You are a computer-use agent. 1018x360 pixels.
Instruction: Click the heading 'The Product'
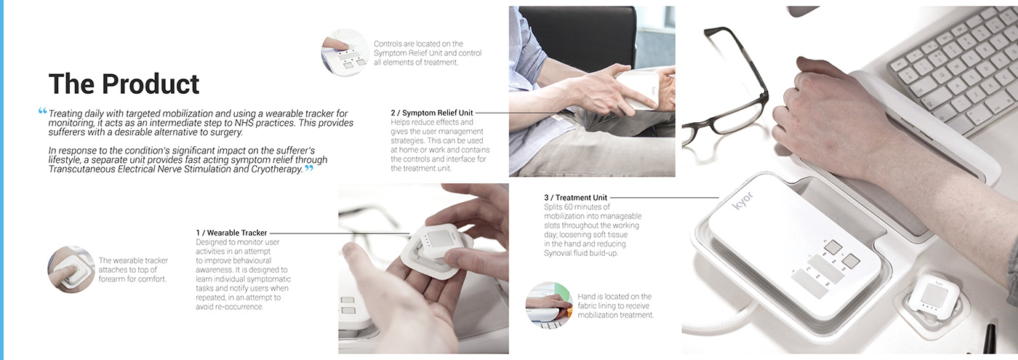tap(124, 84)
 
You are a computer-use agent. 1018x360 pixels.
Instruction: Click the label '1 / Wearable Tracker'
tap(231, 233)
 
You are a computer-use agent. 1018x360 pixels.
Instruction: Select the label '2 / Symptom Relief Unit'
tap(432, 113)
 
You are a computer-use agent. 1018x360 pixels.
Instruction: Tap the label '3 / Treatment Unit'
tap(575, 197)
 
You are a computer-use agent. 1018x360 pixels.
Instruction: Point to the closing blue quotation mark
tap(308, 168)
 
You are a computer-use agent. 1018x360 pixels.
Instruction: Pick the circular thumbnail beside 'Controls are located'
tap(345, 52)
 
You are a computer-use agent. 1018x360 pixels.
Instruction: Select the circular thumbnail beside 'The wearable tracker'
tap(71, 270)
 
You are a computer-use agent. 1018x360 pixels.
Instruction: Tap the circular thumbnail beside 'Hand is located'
tap(548, 305)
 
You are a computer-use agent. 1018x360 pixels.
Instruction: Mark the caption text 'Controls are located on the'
tap(418, 44)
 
